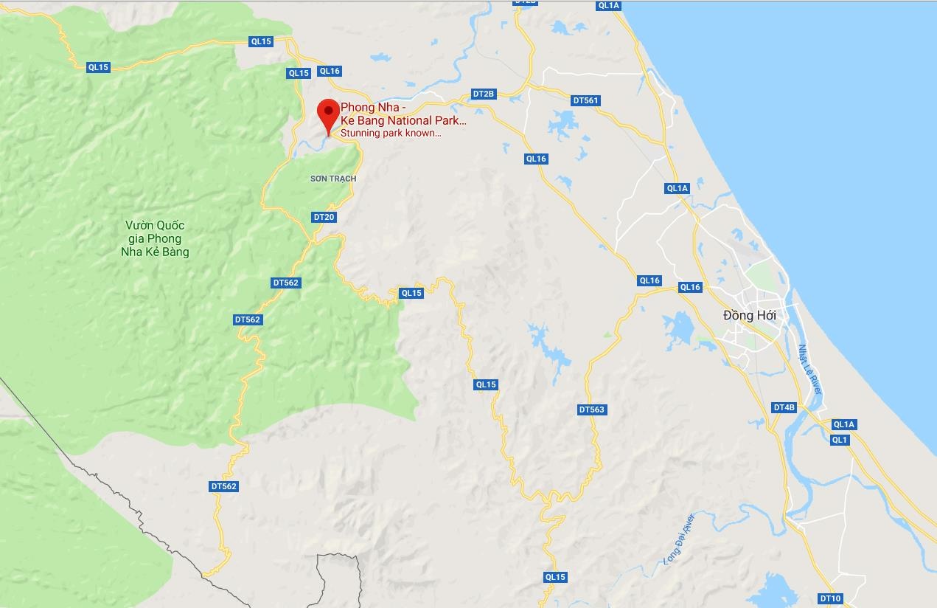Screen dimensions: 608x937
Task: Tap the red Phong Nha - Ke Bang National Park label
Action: coord(403,114)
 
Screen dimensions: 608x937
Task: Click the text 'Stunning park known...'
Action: coord(391,134)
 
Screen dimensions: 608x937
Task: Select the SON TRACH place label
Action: coord(333,179)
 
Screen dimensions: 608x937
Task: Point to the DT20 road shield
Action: coord(324,217)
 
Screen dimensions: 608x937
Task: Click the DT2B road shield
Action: coord(484,94)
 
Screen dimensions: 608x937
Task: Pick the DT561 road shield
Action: coord(586,100)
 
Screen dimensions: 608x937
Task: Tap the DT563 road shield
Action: coord(592,410)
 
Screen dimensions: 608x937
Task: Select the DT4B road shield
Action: coord(784,407)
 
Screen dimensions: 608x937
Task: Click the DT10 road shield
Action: coord(830,598)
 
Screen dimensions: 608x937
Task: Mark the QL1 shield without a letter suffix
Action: coord(840,440)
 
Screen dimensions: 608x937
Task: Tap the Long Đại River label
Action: coord(679,539)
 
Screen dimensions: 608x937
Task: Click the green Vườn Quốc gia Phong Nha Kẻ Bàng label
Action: coord(156,238)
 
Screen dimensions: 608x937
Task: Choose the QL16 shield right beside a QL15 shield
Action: coord(330,71)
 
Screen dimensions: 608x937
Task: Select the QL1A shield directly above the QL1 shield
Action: coord(843,424)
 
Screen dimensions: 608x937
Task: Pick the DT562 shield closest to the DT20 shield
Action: coord(285,283)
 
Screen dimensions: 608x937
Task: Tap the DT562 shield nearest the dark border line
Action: coord(223,486)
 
